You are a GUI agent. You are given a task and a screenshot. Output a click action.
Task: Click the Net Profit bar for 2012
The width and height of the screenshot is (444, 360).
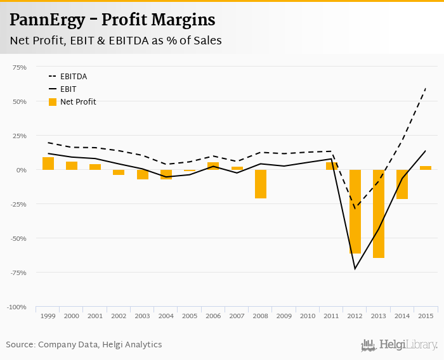point(355,212)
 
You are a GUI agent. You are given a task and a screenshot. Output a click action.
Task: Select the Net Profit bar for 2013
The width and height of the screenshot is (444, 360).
point(379,214)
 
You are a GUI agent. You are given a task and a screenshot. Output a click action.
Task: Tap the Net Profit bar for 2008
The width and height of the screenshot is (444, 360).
point(260,184)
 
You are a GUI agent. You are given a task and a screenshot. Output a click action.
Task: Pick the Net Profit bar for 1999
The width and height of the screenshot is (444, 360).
point(48,164)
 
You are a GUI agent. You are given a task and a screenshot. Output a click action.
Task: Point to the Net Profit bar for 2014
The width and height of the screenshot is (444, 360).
point(402,184)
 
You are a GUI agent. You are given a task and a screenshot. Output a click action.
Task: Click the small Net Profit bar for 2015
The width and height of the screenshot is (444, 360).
point(426,168)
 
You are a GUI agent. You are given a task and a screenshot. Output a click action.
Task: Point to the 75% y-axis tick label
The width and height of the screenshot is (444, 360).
point(20,67)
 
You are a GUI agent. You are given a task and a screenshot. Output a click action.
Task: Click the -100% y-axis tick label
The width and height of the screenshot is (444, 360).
point(16,307)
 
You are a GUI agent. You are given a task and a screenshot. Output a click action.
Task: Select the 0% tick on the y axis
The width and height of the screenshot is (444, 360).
point(22,170)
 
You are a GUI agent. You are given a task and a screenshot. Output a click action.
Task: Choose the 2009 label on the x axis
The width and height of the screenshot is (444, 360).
point(284,316)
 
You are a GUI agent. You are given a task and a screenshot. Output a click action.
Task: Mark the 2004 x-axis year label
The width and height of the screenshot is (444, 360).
point(166,316)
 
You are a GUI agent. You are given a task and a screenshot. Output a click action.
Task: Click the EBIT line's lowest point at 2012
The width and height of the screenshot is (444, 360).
point(355,269)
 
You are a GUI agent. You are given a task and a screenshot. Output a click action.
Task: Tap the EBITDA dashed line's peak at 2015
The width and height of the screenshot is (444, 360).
point(426,88)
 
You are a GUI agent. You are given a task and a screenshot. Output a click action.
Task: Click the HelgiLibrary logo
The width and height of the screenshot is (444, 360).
point(400,345)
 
